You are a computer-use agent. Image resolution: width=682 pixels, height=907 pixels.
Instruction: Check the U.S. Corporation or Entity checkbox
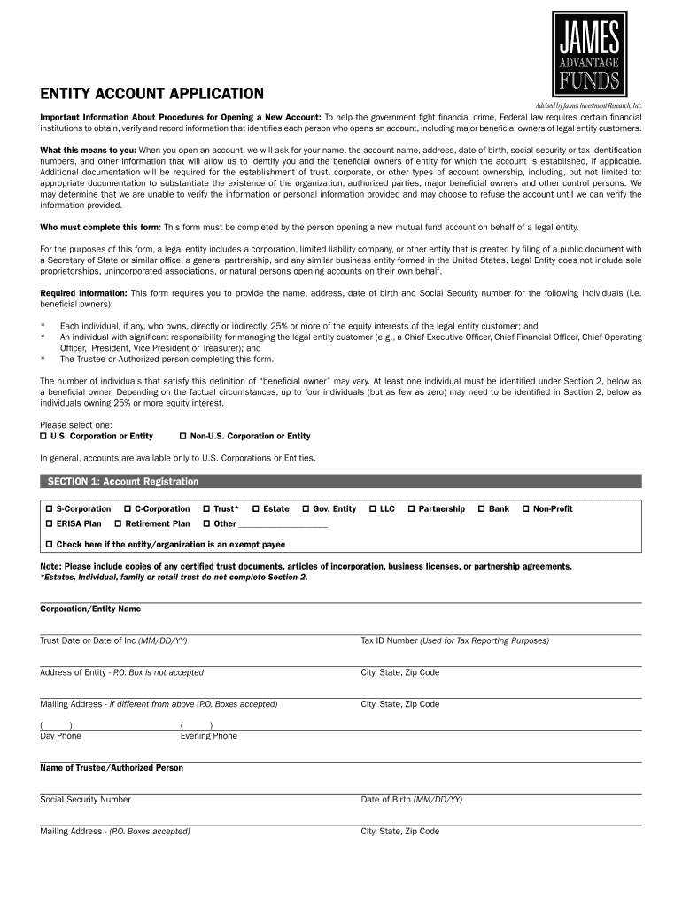tap(43, 437)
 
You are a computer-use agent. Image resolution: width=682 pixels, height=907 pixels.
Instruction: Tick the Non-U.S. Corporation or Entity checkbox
tap(182, 437)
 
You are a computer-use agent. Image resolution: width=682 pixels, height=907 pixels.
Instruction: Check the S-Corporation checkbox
tap(49, 509)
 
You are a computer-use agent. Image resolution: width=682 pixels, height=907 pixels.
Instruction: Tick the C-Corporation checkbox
tap(128, 509)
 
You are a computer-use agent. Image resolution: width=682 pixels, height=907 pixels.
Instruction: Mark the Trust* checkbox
tap(206, 509)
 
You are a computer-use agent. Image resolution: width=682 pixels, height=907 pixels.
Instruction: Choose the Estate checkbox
tap(256, 509)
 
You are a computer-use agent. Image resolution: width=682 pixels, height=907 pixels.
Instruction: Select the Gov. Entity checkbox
tap(306, 509)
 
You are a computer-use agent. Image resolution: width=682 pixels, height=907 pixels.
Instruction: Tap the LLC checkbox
tap(373, 509)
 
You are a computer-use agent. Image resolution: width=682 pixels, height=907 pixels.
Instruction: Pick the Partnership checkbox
tap(411, 509)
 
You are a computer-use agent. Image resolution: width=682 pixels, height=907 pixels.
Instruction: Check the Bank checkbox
tap(481, 509)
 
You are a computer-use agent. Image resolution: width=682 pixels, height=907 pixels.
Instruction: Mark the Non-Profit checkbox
tap(525, 509)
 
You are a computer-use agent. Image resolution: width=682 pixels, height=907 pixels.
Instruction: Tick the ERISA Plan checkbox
tap(49, 524)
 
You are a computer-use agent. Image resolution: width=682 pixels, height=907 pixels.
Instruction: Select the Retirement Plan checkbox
tap(118, 524)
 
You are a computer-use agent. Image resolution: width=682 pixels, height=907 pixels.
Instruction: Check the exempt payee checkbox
tap(49, 545)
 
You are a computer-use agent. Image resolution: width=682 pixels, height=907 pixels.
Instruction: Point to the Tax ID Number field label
tap(454, 640)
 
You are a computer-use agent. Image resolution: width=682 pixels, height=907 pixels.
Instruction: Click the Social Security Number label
tap(85, 800)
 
